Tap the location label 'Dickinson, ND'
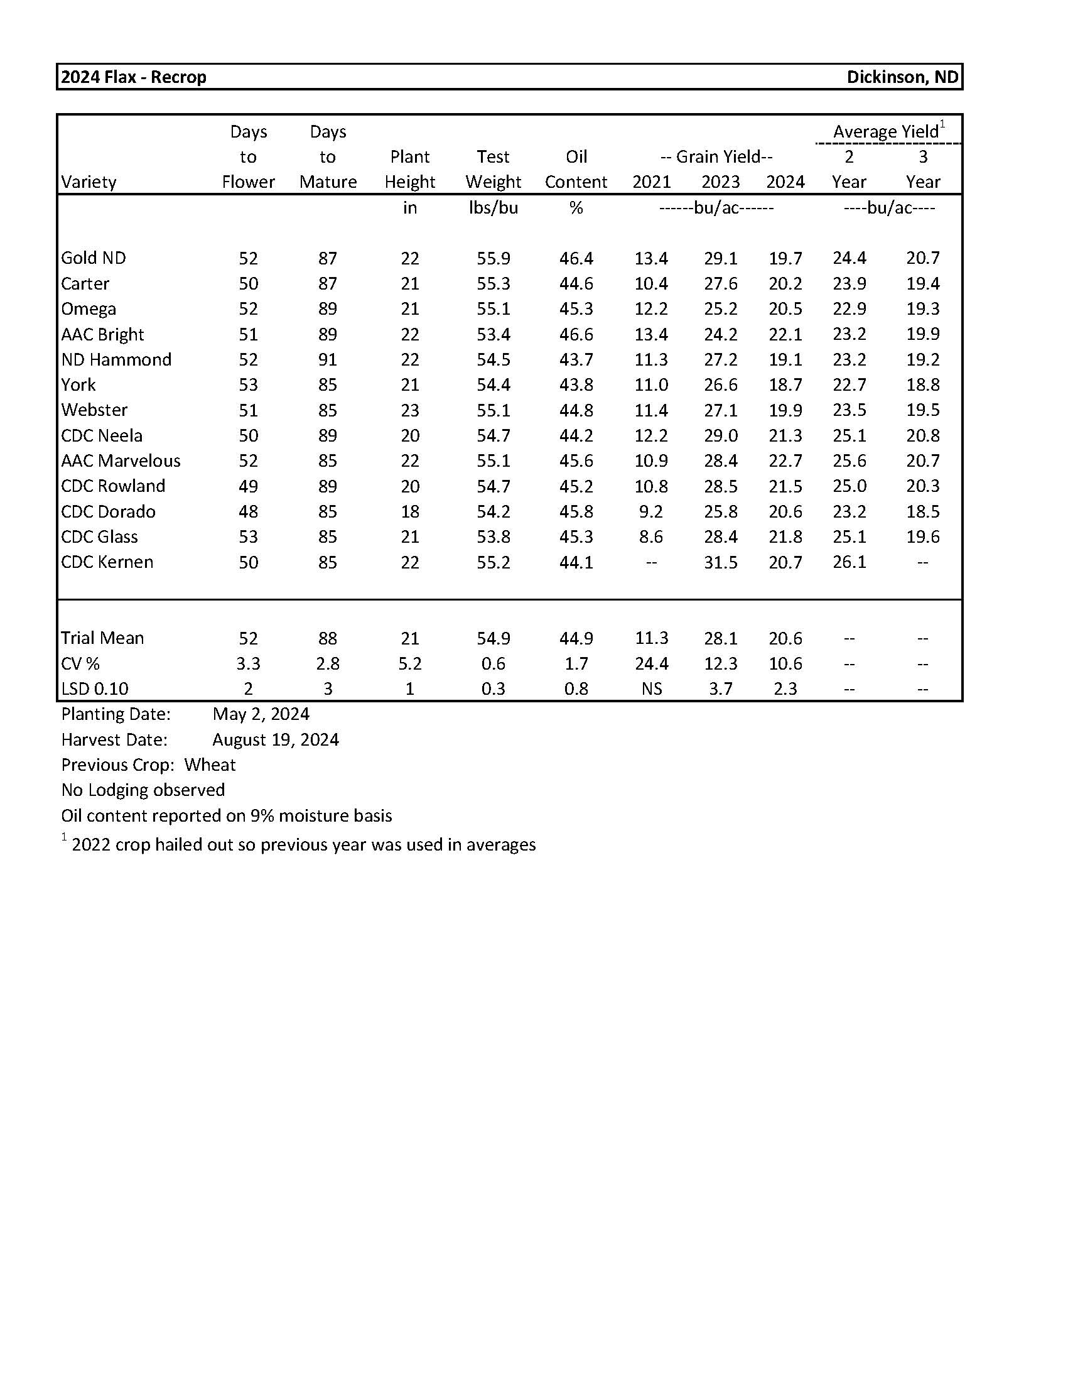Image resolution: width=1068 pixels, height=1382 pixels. click(x=902, y=77)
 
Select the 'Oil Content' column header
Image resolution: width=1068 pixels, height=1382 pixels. click(x=575, y=170)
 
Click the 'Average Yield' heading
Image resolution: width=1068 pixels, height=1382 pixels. click(x=885, y=132)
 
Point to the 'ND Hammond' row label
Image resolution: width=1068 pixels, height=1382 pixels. click(x=116, y=359)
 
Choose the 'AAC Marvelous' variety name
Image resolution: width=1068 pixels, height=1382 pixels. click(x=121, y=460)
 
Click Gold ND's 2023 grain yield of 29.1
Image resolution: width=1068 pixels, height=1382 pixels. click(x=720, y=258)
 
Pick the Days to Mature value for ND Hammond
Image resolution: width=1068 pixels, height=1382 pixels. click(x=328, y=359)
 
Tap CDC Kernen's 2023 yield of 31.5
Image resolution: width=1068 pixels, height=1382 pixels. click(x=720, y=562)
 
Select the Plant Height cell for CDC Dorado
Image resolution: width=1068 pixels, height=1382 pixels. click(x=410, y=511)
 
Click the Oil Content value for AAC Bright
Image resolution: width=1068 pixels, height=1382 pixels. click(x=576, y=334)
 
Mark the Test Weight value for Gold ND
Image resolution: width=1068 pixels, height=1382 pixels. click(x=494, y=258)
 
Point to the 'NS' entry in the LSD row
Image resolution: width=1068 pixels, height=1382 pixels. click(x=651, y=688)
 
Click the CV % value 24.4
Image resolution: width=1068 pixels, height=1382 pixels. click(x=651, y=663)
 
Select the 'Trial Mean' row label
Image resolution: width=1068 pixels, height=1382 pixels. click(x=102, y=638)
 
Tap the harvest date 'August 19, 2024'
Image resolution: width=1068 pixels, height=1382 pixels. click(x=276, y=740)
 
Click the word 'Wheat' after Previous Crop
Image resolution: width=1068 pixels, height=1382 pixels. click(x=210, y=765)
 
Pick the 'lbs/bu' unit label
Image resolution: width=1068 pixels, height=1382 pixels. click(x=494, y=207)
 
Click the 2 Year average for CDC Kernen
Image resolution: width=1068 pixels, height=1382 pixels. click(x=849, y=562)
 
